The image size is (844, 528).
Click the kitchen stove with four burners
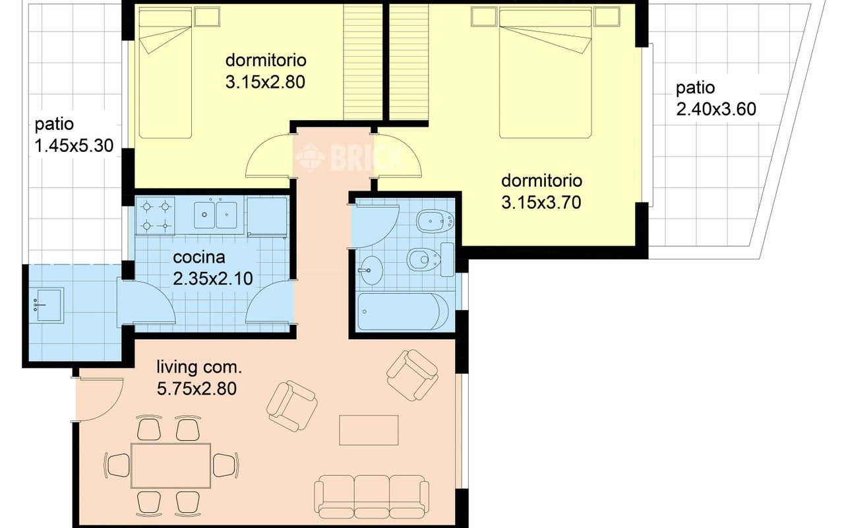155,216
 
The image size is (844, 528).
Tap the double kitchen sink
216,215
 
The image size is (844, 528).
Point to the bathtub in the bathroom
403,312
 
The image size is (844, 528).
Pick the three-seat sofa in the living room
371,497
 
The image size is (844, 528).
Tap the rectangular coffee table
369,430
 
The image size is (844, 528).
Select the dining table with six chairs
171,466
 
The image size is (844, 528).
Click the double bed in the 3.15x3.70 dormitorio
545,74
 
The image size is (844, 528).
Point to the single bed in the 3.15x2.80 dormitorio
166,74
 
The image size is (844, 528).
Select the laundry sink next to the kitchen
48,305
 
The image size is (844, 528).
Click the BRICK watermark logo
349,158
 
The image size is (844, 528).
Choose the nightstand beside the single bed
207,17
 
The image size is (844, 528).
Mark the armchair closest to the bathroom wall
412,375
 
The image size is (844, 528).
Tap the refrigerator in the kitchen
267,217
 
